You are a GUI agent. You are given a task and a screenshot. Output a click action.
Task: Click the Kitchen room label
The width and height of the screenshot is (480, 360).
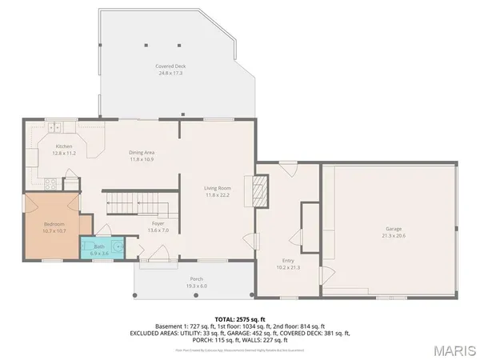click(x=64, y=146)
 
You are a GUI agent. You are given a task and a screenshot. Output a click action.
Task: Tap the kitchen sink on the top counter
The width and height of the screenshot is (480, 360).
click(x=54, y=126)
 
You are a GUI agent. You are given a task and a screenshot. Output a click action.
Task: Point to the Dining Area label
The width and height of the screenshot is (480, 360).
click(x=142, y=152)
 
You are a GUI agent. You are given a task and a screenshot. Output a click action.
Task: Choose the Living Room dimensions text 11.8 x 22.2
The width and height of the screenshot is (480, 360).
click(x=218, y=194)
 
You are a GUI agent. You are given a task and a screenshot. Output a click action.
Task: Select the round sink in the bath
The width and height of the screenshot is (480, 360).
click(x=118, y=247)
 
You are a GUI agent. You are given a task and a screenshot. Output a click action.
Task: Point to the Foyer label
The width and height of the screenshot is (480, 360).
click(x=157, y=224)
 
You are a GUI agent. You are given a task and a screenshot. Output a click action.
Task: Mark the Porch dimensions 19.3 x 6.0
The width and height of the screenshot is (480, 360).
click(x=196, y=286)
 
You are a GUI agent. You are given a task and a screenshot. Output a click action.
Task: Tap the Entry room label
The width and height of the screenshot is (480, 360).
click(x=288, y=261)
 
